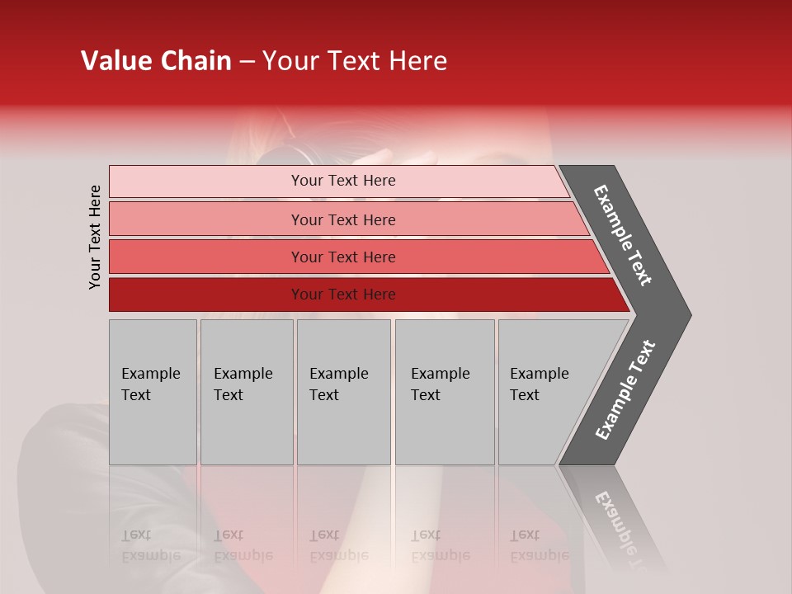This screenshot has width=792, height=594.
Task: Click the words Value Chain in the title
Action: [x=156, y=61]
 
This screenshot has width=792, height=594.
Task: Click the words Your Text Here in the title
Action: [x=355, y=61]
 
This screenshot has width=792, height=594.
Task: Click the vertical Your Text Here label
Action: [x=95, y=238]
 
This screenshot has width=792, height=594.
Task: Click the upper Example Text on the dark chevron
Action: [x=623, y=235]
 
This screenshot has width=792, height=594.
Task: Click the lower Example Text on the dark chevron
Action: [x=625, y=390]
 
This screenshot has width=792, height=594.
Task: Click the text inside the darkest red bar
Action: [x=343, y=295]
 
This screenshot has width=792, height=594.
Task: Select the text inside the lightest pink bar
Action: [x=343, y=181]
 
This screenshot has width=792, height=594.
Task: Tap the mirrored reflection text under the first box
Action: [x=151, y=546]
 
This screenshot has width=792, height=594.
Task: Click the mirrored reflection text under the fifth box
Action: [x=540, y=546]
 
